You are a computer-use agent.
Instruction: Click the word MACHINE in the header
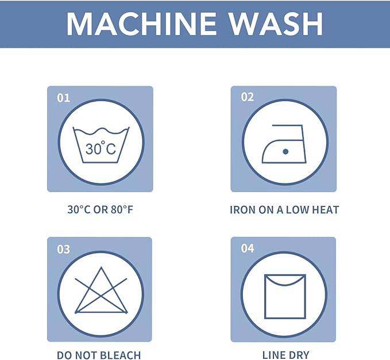click(141, 24)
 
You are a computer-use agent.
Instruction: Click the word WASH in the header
click(276, 24)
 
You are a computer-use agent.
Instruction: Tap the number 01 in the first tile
click(63, 98)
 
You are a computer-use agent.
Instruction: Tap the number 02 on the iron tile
click(247, 97)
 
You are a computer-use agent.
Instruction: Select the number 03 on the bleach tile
click(63, 249)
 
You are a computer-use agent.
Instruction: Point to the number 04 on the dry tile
click(248, 248)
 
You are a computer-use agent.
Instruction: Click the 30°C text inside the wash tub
click(101, 148)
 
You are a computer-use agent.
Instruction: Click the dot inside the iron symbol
click(285, 151)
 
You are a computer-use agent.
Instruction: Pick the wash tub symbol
click(101, 145)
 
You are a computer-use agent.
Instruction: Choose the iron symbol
click(284, 144)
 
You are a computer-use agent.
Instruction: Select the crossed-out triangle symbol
click(101, 290)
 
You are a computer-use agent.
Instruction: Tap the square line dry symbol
click(285, 297)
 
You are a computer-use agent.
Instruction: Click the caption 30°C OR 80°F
click(101, 209)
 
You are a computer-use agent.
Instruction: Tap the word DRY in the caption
click(299, 355)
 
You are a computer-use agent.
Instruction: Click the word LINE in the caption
click(273, 355)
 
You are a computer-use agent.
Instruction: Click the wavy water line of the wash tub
click(101, 131)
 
